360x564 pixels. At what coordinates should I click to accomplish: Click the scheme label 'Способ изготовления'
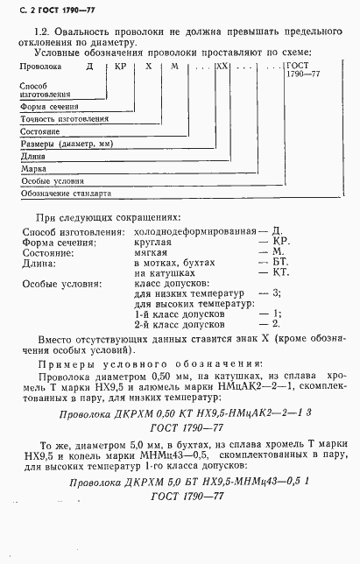pos(44,89)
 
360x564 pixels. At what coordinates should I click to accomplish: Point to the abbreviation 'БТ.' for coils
pos(281,262)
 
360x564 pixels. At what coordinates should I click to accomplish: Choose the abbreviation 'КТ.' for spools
pos(281,273)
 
